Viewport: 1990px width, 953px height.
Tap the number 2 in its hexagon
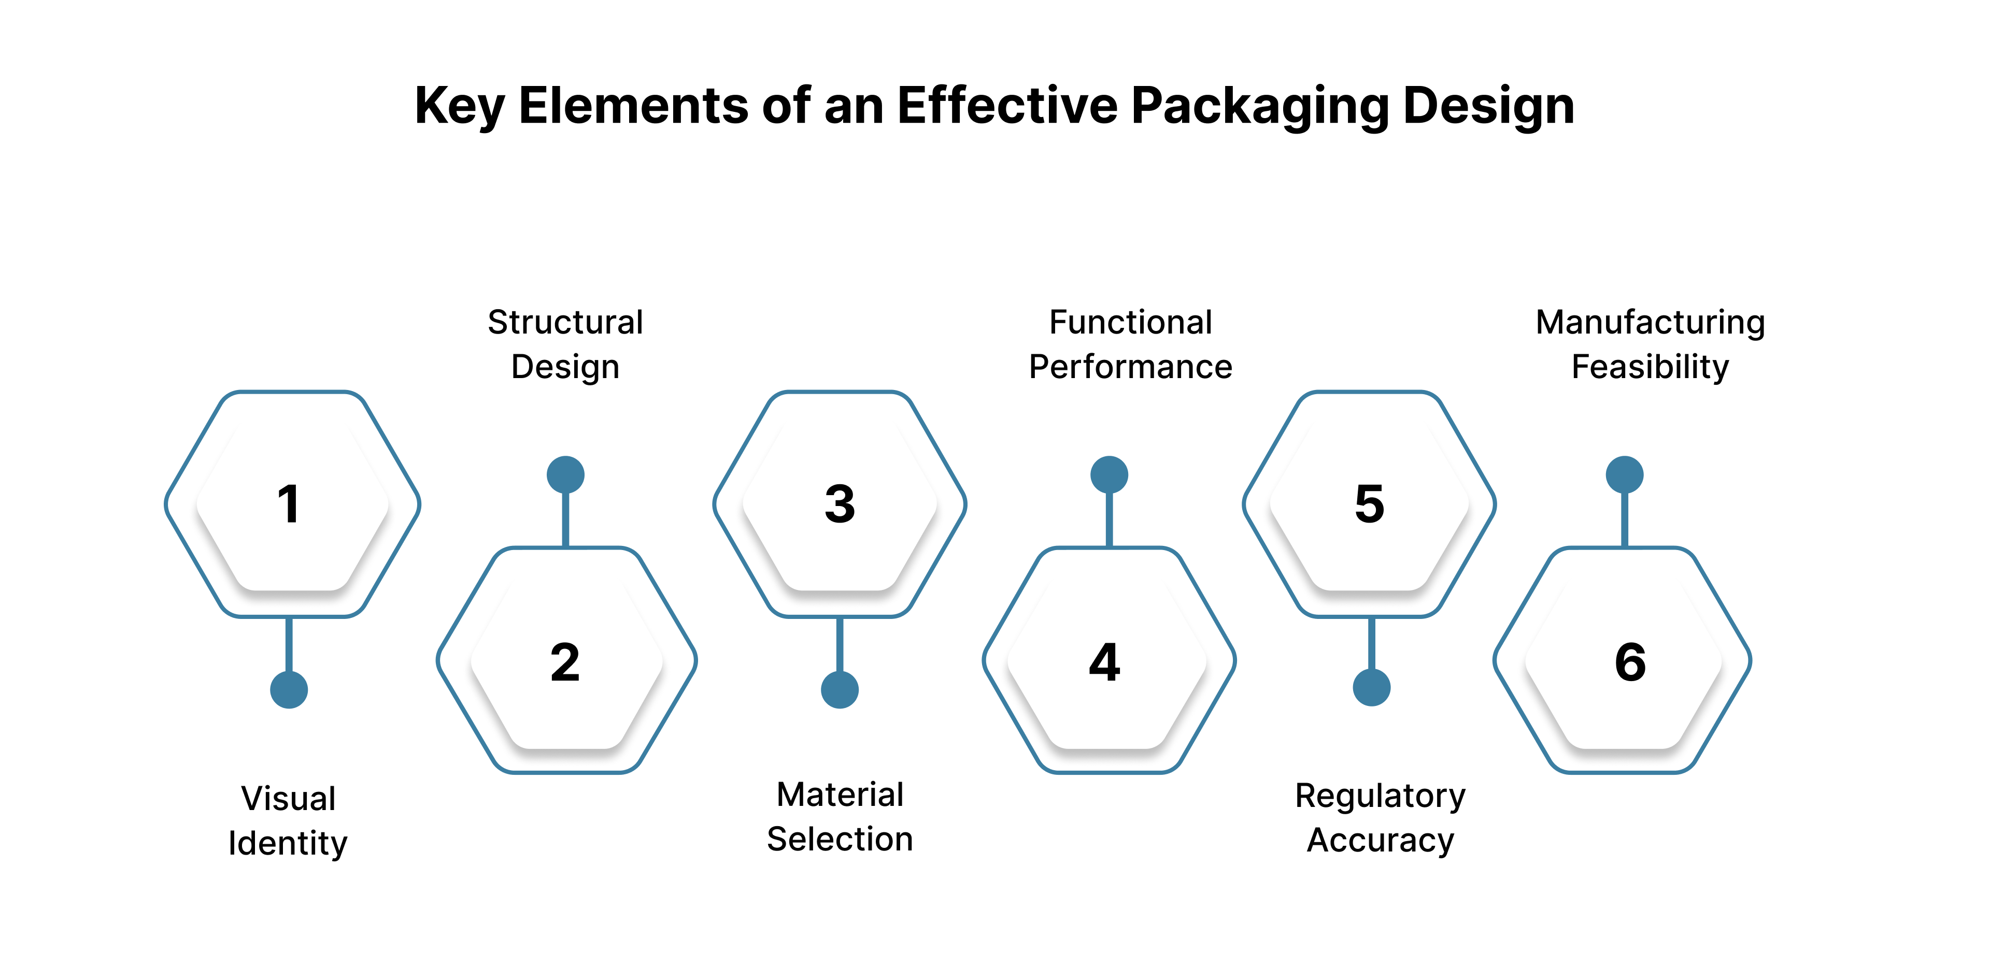coord(565,662)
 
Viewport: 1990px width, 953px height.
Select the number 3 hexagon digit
coord(840,504)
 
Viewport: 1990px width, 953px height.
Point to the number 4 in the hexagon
coord(1105,662)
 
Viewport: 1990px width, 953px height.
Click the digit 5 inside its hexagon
coord(1370,504)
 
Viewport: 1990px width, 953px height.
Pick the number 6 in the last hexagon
coord(1630,662)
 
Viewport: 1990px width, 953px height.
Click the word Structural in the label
coord(565,322)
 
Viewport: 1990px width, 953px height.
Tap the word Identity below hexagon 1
coord(288,843)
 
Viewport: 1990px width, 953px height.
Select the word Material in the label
coord(840,795)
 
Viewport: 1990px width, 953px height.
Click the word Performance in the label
coord(1130,367)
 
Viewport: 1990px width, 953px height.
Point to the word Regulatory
coord(1380,796)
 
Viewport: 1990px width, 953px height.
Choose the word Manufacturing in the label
coord(1650,322)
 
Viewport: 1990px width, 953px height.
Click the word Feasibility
coord(1650,367)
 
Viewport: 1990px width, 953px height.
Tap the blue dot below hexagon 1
coord(289,690)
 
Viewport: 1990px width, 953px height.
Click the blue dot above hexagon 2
coord(565,474)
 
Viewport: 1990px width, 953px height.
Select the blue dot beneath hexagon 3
coord(840,690)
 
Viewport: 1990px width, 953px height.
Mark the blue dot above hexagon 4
coord(1110,474)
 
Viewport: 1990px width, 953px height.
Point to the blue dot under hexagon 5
coord(1372,687)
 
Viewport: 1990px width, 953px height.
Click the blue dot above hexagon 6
coord(1625,474)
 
